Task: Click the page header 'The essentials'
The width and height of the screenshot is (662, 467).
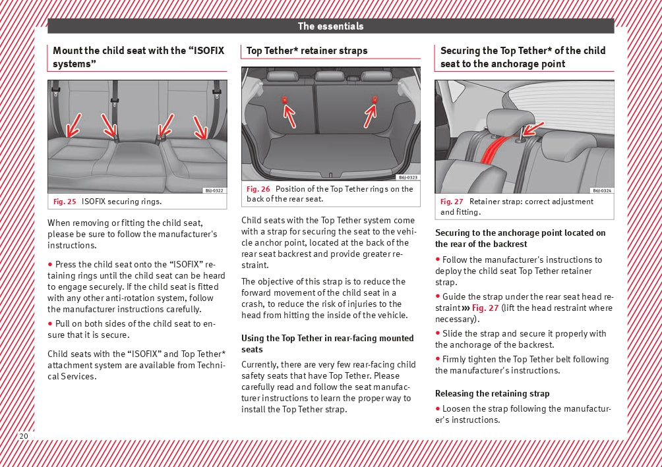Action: click(330, 26)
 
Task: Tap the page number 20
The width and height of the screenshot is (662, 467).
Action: click(24, 436)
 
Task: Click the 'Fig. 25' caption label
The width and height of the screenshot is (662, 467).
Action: click(63, 202)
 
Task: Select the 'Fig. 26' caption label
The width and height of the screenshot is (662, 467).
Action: click(258, 189)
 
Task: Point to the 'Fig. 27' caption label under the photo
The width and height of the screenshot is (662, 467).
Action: click(452, 202)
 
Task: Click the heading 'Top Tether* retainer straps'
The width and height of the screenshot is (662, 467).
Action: click(307, 51)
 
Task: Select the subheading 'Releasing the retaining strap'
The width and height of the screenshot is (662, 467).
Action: click(492, 394)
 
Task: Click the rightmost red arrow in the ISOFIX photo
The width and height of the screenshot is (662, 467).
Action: click(200, 128)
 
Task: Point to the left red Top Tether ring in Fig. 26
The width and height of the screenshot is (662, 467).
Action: click(284, 99)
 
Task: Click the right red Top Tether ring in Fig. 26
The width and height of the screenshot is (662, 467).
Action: click(375, 99)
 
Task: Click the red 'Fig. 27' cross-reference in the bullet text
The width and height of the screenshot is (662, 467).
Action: click(485, 308)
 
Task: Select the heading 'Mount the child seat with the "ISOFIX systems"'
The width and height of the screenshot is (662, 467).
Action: click(138, 57)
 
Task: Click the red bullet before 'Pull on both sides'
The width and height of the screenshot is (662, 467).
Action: click(50, 323)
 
